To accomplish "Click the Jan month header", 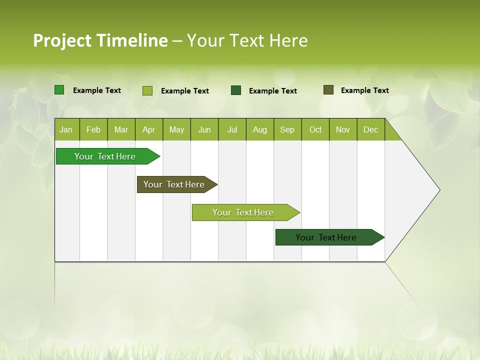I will [x=66, y=129].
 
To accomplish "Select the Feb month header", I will [x=93, y=129].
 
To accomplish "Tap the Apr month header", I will [x=148, y=129].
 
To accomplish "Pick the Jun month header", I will [x=204, y=129].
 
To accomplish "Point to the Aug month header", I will [x=259, y=129].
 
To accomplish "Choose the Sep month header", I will [x=287, y=129].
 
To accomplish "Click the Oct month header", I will [x=315, y=129].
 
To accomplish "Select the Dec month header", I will [x=370, y=129].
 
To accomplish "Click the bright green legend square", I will [x=59, y=90].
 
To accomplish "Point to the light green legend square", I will [x=147, y=90].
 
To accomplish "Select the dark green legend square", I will [x=236, y=90].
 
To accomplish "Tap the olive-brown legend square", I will [x=328, y=90].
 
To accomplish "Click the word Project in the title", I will [x=62, y=40].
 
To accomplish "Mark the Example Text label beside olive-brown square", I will [x=364, y=90].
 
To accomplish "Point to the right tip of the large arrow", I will [x=439, y=190].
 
